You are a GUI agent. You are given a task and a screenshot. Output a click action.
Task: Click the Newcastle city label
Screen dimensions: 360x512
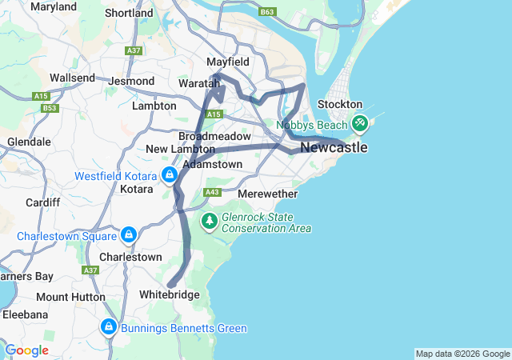334,148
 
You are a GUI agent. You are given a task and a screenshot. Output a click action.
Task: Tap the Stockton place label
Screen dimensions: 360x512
340,105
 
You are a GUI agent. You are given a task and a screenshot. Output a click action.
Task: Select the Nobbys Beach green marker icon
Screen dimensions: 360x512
359,123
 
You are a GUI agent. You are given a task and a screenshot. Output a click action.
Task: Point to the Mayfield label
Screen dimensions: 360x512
228,62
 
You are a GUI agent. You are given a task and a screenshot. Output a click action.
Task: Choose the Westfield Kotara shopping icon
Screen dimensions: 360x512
169,175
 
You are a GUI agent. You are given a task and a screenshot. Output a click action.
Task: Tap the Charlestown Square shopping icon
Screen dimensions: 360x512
128,235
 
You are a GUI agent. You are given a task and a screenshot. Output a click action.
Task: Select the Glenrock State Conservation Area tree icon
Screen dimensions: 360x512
210,219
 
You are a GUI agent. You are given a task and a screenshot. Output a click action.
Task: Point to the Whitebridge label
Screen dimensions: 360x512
169,295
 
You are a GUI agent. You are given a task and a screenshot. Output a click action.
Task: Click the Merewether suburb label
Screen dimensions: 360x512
268,194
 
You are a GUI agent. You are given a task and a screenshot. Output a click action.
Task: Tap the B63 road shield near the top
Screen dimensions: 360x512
267,12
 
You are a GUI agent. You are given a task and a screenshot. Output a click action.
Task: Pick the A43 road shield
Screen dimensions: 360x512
212,193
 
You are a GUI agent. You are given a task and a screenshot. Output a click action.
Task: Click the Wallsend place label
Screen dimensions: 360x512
72,78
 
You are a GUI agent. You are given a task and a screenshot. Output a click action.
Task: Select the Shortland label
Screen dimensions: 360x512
129,13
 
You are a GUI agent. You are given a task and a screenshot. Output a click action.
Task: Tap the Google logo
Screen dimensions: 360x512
26,350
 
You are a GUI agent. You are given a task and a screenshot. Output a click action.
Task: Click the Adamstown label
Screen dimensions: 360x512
212,164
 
